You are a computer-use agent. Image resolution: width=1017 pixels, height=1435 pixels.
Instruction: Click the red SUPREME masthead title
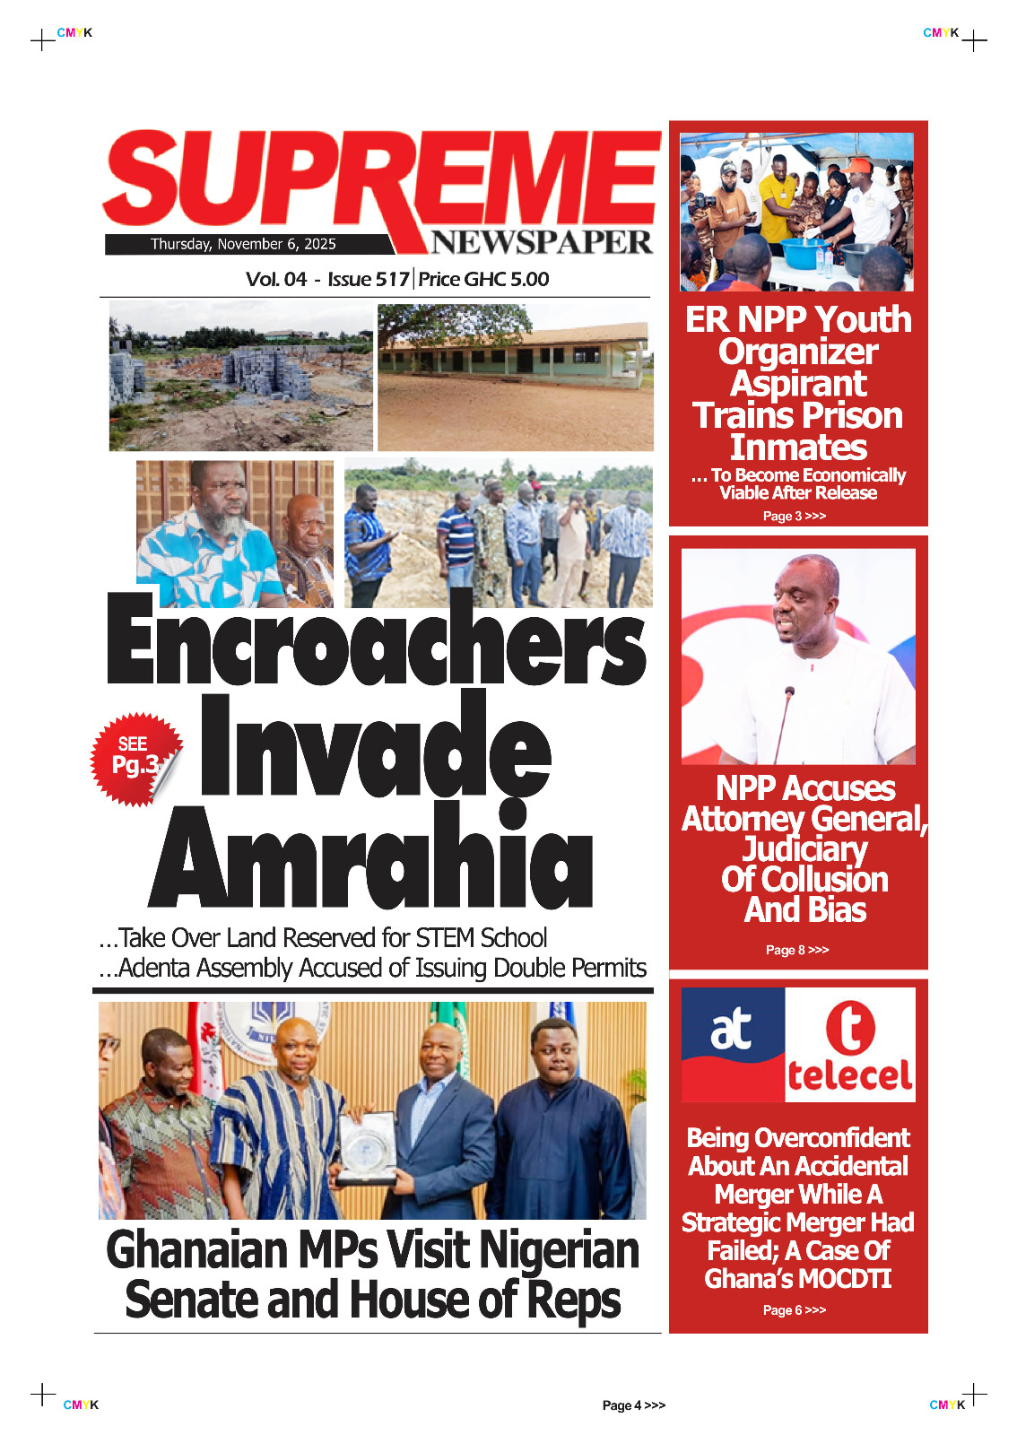(381, 184)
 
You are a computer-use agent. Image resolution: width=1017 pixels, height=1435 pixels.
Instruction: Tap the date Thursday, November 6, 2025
(243, 244)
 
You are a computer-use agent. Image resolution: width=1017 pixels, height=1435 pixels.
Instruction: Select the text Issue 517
(368, 279)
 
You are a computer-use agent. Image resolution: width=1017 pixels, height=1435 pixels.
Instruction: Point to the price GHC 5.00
(484, 279)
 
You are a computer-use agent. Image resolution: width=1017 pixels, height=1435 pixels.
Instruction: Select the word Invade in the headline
(374, 747)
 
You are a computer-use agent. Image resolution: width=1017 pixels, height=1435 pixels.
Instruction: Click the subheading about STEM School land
(323, 938)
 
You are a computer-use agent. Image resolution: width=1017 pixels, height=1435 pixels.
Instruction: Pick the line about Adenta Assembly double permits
(372, 969)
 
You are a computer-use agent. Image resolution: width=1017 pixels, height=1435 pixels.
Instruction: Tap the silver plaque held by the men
(367, 1149)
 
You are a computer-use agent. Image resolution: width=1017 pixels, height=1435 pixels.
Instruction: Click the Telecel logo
(849, 1045)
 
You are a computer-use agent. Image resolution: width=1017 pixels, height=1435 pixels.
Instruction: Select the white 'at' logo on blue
(732, 1029)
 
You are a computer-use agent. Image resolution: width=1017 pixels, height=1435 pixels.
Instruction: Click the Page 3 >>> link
(795, 516)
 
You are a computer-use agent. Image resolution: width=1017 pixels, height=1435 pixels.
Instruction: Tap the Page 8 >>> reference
(797, 950)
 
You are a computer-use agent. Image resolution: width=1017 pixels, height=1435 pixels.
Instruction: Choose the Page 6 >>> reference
(795, 1310)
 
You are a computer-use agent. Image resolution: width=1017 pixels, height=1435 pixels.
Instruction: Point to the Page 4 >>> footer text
(633, 1405)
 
